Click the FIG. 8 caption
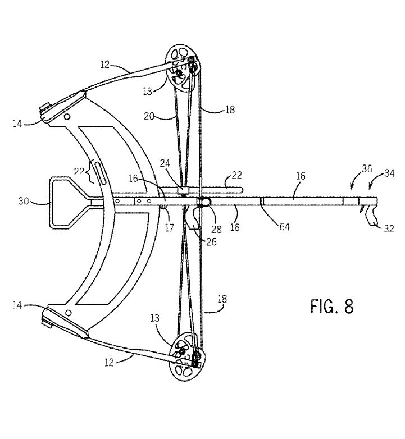click(x=331, y=307)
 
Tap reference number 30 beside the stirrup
click(x=24, y=201)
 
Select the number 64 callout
click(x=285, y=227)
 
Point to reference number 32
click(x=389, y=229)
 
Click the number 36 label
click(x=367, y=169)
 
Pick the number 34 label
click(x=389, y=173)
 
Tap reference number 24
click(x=165, y=163)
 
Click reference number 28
click(x=216, y=230)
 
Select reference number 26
click(x=211, y=241)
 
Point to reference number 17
click(x=169, y=227)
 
